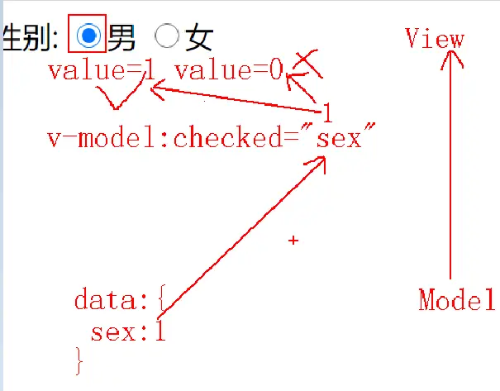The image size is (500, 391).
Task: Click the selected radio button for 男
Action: [x=88, y=35]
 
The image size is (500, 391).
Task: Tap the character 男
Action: [x=121, y=36]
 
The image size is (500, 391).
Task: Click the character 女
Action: [x=199, y=36]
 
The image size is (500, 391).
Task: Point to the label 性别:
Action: [x=30, y=36]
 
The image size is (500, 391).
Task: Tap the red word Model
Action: [x=456, y=299]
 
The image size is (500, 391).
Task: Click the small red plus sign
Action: [x=293, y=240]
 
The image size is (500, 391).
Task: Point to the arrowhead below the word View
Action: [x=451, y=58]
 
